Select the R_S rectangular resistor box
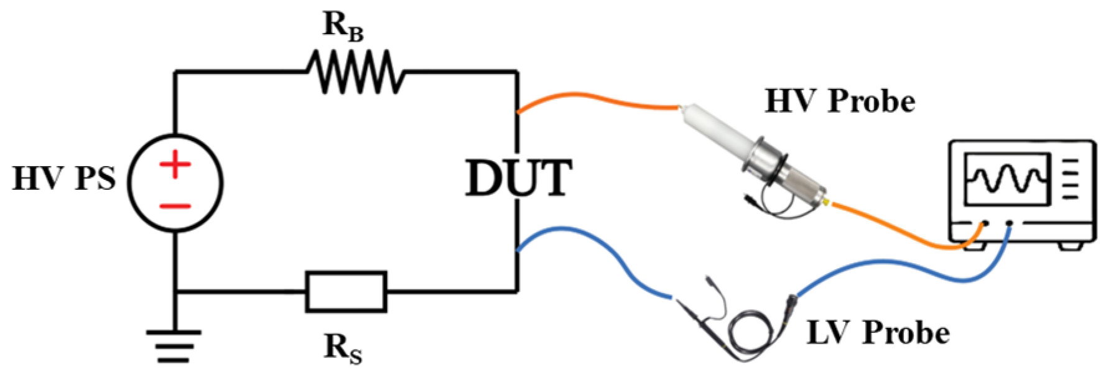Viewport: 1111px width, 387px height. click(346, 291)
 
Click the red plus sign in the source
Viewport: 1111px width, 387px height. click(175, 165)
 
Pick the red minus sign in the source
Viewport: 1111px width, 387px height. click(175, 206)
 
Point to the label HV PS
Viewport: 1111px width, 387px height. click(64, 179)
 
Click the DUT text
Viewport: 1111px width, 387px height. click(518, 179)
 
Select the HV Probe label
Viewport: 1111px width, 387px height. click(839, 101)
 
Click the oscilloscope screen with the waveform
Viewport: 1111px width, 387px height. click(1006, 179)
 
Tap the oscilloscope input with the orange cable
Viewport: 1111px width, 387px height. click(984, 223)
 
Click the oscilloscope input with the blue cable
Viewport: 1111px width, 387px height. click(1009, 223)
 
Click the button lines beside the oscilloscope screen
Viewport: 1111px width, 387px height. click(1071, 179)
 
